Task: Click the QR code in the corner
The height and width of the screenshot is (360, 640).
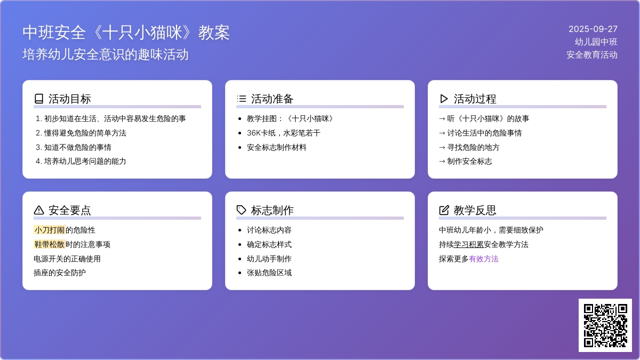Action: point(605,325)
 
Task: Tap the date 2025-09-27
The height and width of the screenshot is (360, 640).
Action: point(593,29)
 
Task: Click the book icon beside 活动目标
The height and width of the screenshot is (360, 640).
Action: point(39,99)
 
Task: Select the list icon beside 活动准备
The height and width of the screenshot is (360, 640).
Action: point(242,99)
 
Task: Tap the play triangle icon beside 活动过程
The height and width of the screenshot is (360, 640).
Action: point(444,99)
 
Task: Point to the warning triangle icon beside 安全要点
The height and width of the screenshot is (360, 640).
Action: point(39,210)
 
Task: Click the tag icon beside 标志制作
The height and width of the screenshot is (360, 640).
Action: point(242,210)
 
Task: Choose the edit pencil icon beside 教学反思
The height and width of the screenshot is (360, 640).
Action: point(444,210)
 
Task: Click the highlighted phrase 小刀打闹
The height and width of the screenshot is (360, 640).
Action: point(50,230)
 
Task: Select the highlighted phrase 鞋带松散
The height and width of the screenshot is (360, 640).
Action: point(50,244)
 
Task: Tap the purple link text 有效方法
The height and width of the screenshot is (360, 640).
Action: point(483,259)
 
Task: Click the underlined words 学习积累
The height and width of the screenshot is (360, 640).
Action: point(469,245)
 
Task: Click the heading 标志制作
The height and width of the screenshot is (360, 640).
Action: point(273,210)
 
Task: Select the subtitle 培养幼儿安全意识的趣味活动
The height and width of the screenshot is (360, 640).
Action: point(106,54)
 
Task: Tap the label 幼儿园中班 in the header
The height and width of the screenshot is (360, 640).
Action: point(596,42)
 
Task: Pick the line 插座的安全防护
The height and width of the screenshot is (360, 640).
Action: point(60,273)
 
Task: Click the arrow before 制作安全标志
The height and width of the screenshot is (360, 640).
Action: point(442,162)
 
